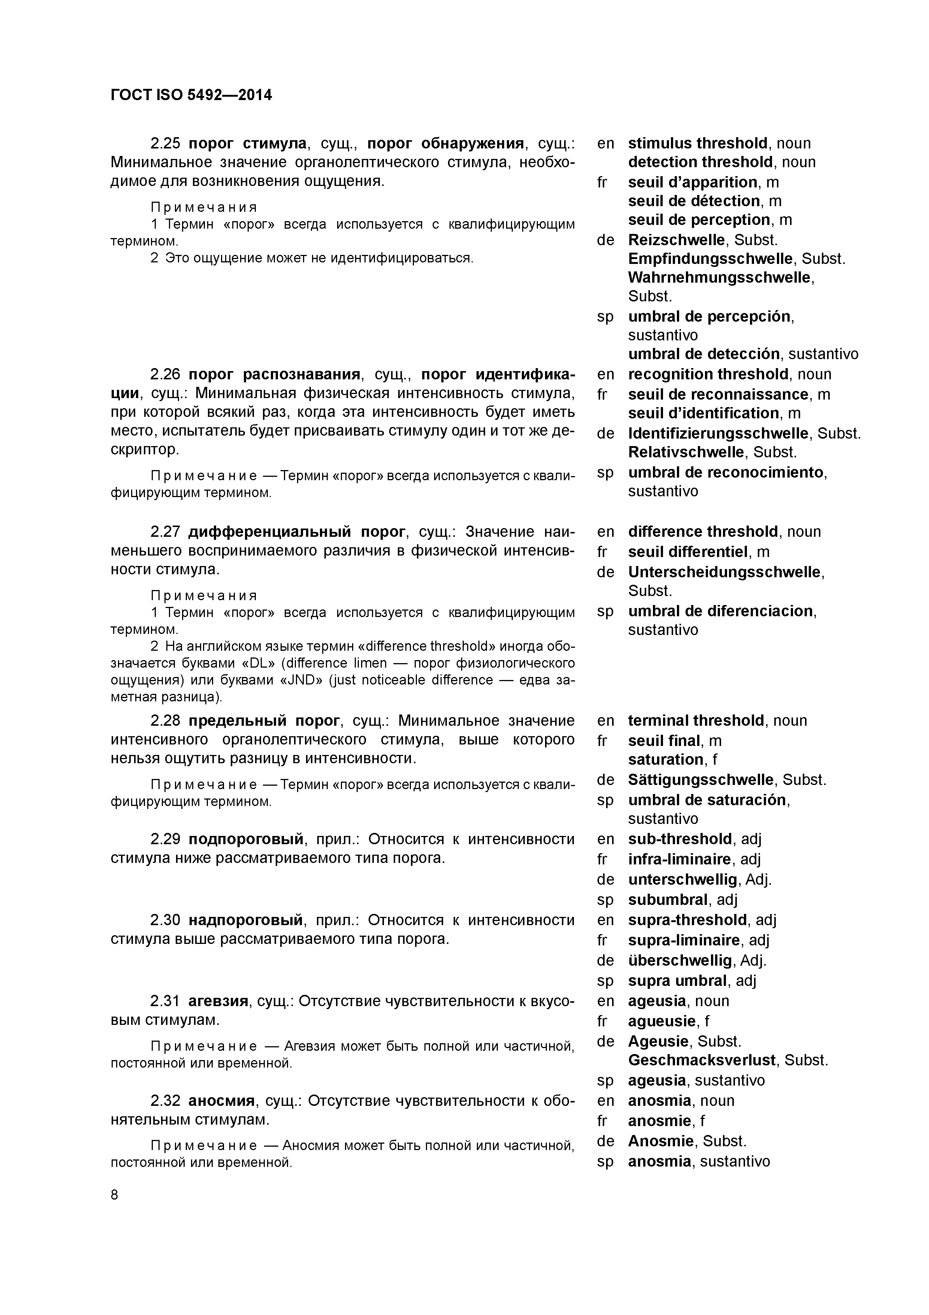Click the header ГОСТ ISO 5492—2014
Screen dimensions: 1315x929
(191, 95)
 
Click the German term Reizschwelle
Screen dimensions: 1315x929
(675, 240)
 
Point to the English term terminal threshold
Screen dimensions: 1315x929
(696, 720)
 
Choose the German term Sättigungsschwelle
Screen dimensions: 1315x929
(700, 779)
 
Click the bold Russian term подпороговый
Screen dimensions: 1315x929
(246, 839)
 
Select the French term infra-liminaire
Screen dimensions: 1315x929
(680, 859)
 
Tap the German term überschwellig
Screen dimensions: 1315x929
(680, 960)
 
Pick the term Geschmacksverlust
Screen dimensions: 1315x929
(702, 1060)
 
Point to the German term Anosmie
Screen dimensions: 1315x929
(660, 1141)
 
